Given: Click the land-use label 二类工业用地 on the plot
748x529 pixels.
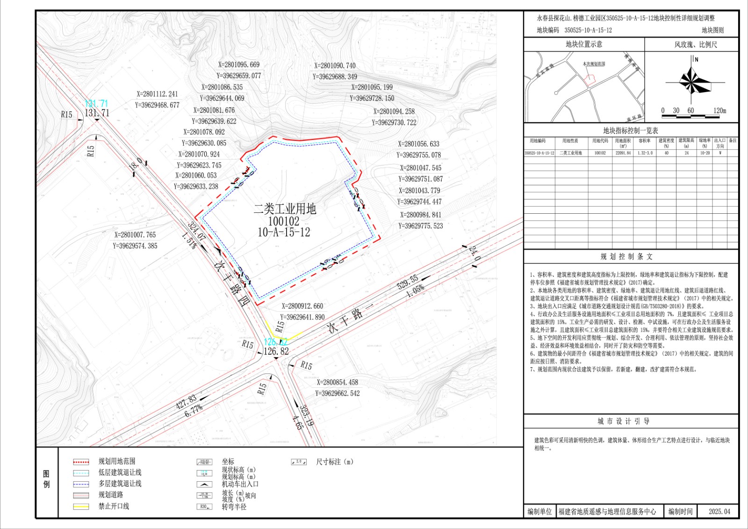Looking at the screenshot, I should point(285,209).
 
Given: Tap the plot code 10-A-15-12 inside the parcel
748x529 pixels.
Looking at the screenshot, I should point(284,232).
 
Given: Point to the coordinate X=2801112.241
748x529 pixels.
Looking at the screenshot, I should point(157,94).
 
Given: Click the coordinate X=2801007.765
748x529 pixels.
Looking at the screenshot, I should point(135,235).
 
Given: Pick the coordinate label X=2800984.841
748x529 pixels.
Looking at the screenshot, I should point(420,215).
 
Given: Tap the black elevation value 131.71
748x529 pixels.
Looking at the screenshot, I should point(97,113).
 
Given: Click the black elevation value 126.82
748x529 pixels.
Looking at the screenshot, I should point(276,351).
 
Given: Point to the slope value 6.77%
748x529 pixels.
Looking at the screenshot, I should point(194,410).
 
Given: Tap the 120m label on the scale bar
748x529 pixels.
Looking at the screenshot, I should point(719,111).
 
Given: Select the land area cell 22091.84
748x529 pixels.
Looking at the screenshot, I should point(623,153).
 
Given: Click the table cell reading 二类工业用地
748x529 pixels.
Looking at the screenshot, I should point(570,153).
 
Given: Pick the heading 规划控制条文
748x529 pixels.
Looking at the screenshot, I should point(626,256).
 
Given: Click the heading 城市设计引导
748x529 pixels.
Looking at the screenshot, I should point(623,421).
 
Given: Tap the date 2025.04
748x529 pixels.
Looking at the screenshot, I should point(719,511).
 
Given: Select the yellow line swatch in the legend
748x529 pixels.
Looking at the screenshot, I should point(81,506).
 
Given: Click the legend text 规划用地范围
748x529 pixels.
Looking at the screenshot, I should point(117,461).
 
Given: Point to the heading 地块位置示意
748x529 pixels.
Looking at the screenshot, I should point(584,44).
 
